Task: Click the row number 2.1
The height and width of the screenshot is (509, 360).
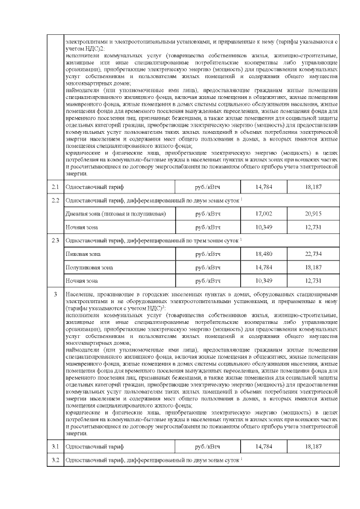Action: pos(55,186)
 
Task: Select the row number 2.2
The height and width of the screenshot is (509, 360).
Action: pos(55,200)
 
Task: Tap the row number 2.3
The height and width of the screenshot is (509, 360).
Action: pos(55,241)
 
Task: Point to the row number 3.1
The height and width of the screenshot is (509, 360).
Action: pos(55,446)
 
